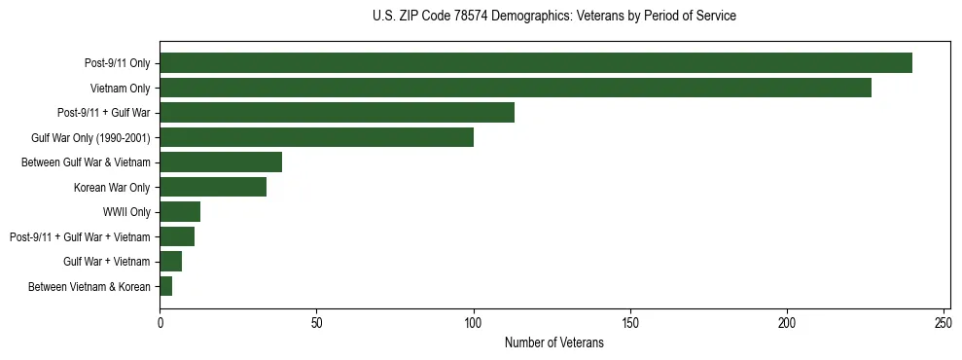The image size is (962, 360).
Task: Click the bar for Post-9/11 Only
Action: coord(536,63)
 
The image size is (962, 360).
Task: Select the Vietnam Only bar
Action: coord(516,88)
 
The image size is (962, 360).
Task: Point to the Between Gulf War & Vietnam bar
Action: coord(221,162)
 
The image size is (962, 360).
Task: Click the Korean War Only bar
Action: coord(213,187)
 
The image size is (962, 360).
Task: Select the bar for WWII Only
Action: coord(180,212)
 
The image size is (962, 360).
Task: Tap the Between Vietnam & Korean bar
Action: coord(166,286)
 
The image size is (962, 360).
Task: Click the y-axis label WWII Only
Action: coord(126,212)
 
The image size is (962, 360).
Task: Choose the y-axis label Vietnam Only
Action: coord(120,88)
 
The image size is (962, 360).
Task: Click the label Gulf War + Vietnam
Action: coord(107,262)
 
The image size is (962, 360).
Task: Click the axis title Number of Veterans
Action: coord(554,342)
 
